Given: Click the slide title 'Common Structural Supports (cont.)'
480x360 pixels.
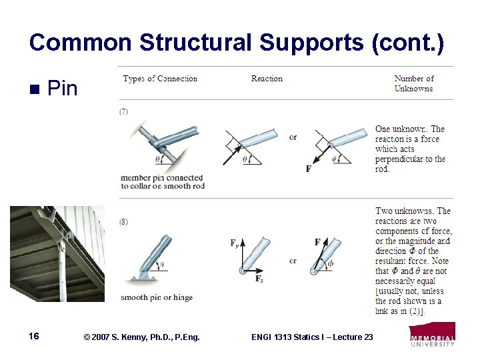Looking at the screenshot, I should pos(236,42).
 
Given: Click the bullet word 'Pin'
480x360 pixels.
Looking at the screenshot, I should pos(63,89).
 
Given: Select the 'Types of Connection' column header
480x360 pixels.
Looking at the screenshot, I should pos(160,79).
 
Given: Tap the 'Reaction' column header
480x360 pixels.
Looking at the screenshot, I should pos(267,79).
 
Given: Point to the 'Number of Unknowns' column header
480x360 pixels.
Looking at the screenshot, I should pos(413,83).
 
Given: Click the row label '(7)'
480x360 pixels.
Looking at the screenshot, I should pos(124,112).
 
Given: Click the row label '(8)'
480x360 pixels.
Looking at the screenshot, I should pos(124,221).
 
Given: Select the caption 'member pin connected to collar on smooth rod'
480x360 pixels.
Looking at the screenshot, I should pos(162,181).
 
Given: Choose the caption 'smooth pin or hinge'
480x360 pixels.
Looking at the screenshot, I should pos(157,297).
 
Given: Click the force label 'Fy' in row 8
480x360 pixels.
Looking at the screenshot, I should pos(235,244).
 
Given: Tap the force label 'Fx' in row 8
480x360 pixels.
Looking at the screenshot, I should pos(259,279).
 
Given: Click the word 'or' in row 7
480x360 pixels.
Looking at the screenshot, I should pos(293,137).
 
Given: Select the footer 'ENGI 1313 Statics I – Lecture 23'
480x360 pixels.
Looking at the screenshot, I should pos(312,337).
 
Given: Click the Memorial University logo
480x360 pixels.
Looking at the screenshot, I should pos(433,335).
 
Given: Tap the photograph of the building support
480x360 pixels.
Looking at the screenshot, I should pos(57,254).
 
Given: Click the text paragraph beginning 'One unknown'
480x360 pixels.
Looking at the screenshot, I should pos(410,149).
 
